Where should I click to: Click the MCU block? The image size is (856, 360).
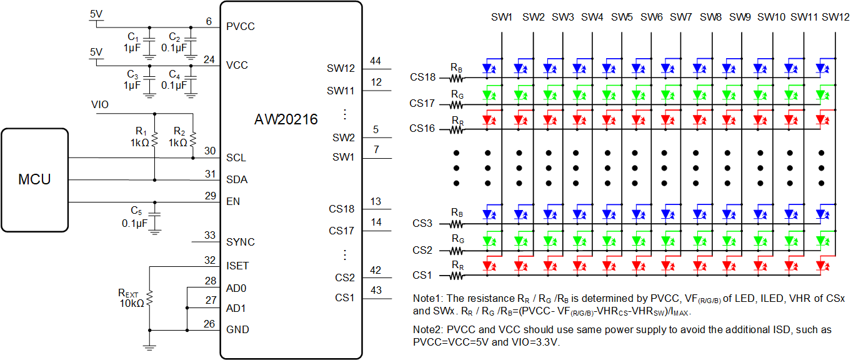[x=35, y=180]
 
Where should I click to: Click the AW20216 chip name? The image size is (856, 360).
[x=286, y=119]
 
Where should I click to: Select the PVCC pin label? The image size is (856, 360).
[x=241, y=26]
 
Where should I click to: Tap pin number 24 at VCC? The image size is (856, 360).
[x=209, y=59]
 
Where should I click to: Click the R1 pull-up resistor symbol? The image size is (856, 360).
[x=154, y=139]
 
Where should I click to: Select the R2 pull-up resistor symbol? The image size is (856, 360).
[x=193, y=139]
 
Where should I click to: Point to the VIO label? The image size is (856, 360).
[x=100, y=104]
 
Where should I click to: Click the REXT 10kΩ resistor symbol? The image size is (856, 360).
[x=149, y=298]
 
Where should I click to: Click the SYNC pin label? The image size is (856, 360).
[x=241, y=242]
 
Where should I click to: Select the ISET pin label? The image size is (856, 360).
[x=237, y=266]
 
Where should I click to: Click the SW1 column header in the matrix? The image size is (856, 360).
[x=501, y=17]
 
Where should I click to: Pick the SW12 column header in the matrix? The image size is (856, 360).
[x=835, y=17]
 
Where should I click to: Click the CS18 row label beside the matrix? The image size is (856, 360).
[x=422, y=77]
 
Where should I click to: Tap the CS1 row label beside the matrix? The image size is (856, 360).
[x=422, y=275]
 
